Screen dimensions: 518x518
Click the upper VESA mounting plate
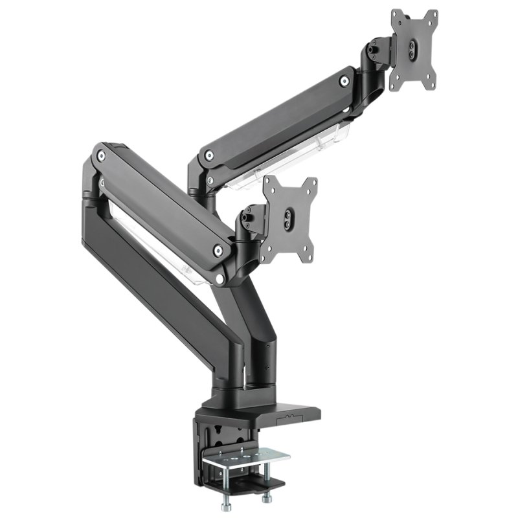414,49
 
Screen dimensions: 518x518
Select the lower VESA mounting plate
289,219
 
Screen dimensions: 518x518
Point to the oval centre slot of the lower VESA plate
289,220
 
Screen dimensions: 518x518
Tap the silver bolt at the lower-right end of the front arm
218,248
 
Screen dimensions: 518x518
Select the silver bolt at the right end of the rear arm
344,81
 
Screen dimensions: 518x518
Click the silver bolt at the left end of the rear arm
208,155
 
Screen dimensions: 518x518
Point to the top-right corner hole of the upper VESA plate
432,14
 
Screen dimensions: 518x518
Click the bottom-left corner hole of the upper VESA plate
394,85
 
